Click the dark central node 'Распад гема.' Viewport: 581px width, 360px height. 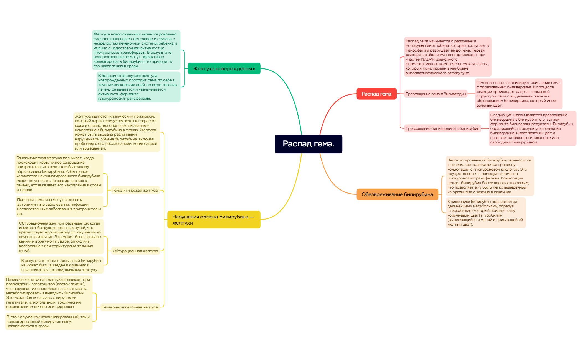click(x=308, y=144)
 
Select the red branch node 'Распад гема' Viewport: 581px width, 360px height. click(x=376, y=94)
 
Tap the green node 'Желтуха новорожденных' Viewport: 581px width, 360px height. click(x=224, y=68)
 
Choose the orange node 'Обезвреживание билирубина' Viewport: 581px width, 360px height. click(x=397, y=194)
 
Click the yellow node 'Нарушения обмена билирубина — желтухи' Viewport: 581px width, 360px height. click(x=214, y=220)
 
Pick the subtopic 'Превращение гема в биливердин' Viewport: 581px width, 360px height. click(x=436, y=94)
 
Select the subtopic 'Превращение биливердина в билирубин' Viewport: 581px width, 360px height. click(x=442, y=128)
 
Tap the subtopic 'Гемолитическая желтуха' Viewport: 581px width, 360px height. click(x=135, y=190)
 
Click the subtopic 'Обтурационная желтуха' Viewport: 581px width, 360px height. click(x=135, y=251)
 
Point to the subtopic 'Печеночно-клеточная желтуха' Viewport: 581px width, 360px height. click(x=130, y=307)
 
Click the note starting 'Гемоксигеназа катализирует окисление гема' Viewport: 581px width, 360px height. click(x=518, y=94)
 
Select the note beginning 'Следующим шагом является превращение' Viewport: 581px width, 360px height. click(x=532, y=128)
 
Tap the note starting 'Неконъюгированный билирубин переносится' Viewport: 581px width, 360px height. click(x=490, y=176)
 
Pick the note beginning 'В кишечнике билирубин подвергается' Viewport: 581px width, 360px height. click(x=485, y=213)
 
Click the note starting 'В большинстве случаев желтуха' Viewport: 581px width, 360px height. click(x=138, y=87)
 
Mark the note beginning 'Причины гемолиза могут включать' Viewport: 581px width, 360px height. click(x=59, y=207)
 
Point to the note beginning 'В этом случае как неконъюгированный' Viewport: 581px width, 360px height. click(x=49, y=321)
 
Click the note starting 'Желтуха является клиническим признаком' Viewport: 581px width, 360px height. click(x=117, y=132)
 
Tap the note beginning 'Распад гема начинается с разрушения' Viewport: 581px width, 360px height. click(x=448, y=57)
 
